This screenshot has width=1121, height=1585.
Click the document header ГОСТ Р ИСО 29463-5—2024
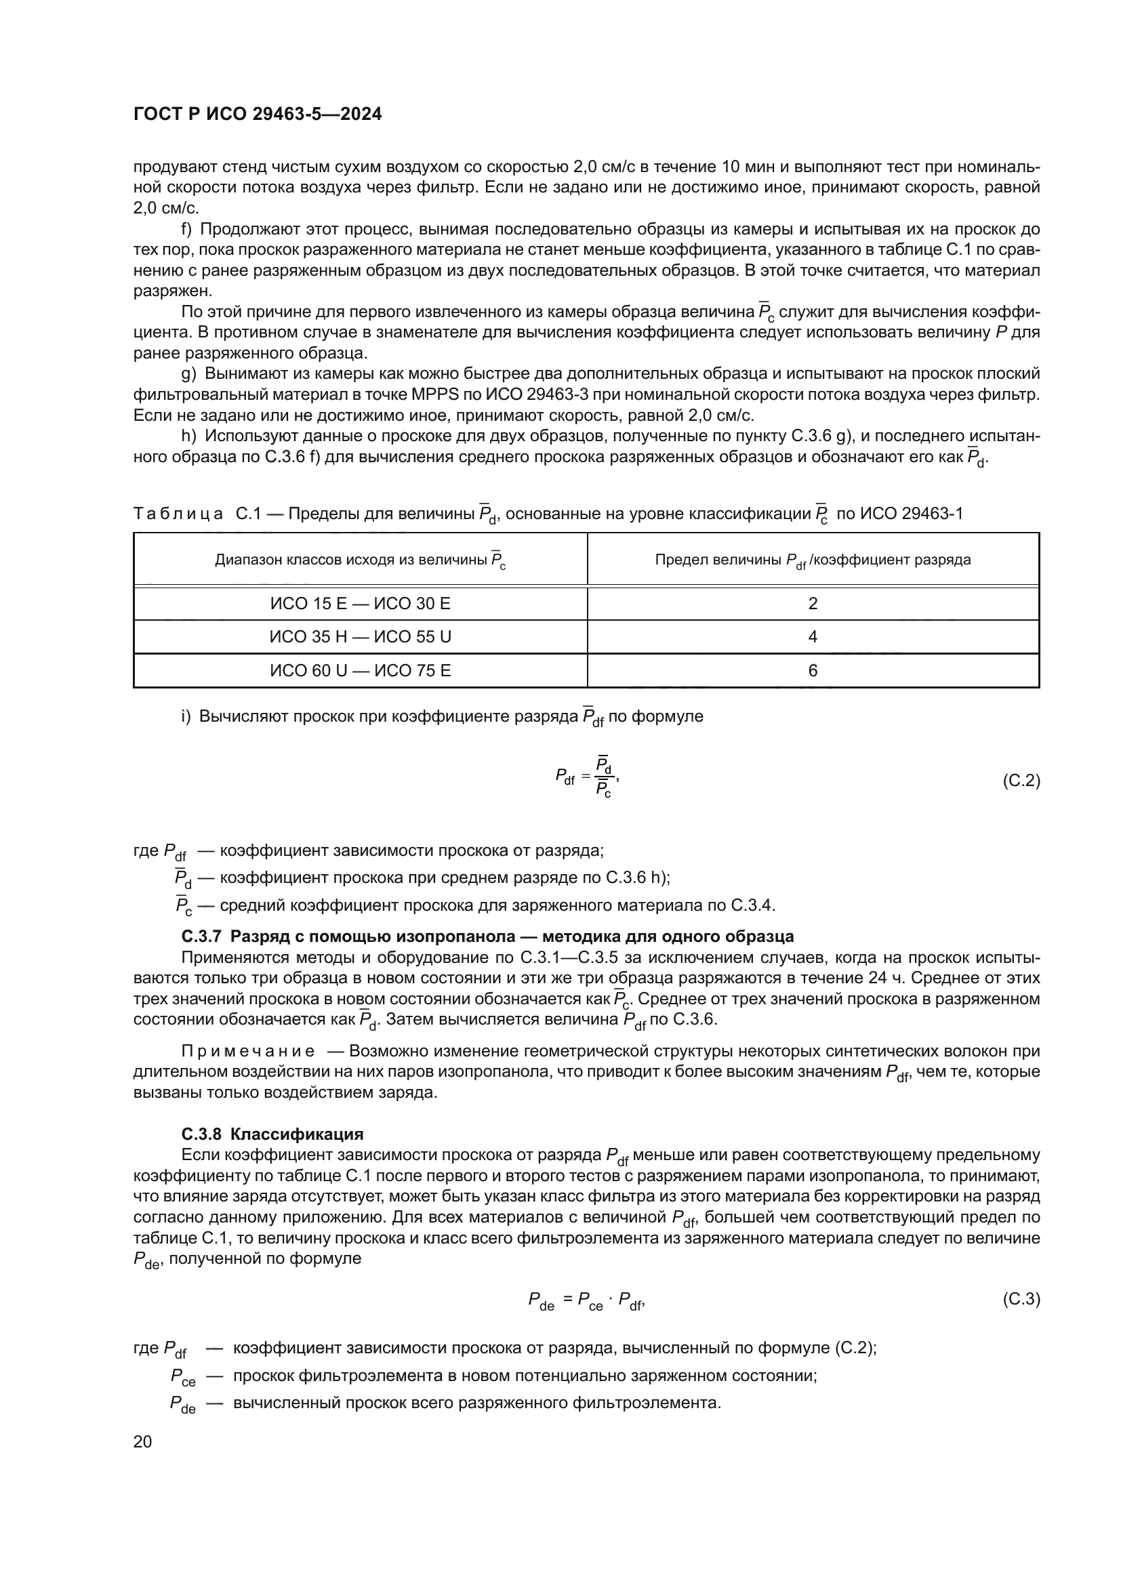click(258, 115)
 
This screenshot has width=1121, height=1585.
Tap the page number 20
click(142, 1441)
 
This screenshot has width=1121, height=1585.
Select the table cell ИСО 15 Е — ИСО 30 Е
click(361, 604)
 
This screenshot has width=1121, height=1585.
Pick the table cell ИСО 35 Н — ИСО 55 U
click(361, 637)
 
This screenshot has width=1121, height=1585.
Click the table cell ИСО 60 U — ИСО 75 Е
click(361, 671)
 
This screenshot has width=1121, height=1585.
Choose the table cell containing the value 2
click(813, 604)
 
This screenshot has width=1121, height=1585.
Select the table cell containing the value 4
click(813, 637)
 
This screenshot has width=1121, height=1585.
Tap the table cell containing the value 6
click(813, 671)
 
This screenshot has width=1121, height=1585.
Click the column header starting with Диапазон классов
click(361, 560)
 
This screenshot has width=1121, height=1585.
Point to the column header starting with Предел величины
click(813, 560)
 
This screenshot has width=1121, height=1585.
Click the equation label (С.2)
click(1020, 781)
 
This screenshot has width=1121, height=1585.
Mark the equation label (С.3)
click(1020, 1299)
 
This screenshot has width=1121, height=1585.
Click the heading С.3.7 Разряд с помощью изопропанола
click(487, 936)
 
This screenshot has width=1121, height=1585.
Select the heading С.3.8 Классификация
click(272, 1134)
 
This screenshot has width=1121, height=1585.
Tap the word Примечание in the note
click(248, 1052)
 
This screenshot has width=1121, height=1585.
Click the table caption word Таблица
click(178, 514)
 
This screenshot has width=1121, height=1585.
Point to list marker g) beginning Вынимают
click(188, 374)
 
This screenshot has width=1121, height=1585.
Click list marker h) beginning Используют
click(188, 436)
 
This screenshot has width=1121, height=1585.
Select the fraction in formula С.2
click(604, 777)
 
